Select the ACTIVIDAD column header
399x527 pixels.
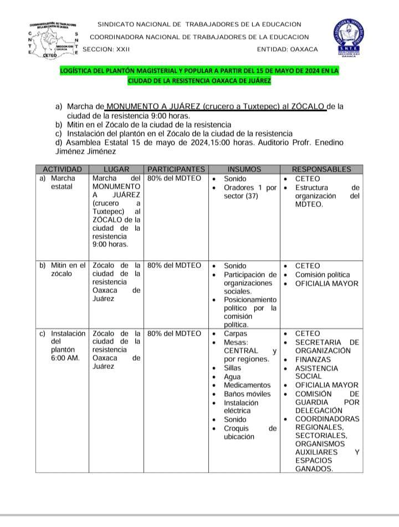[x=63, y=169]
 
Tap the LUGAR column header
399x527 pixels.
[x=116, y=169]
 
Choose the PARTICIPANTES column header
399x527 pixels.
[x=176, y=169]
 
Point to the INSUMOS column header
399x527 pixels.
[x=244, y=169]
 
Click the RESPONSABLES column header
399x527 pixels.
[x=321, y=169]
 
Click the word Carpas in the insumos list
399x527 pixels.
[x=236, y=334]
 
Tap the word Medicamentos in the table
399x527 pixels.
[x=247, y=385]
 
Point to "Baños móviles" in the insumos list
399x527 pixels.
[x=247, y=394]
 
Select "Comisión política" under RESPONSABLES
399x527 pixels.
[x=323, y=275]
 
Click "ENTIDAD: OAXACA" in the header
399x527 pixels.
[x=288, y=49]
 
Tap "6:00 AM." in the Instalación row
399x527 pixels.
[x=65, y=358]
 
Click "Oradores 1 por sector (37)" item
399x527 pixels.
[x=249, y=192]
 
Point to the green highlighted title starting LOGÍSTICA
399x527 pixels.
[x=199, y=76]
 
